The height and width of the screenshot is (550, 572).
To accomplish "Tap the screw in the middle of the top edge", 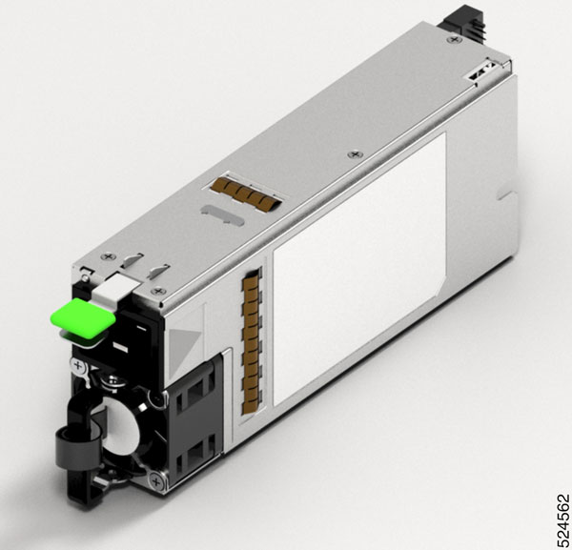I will (x=356, y=153).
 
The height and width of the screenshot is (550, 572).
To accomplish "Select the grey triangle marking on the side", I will (x=187, y=336).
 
